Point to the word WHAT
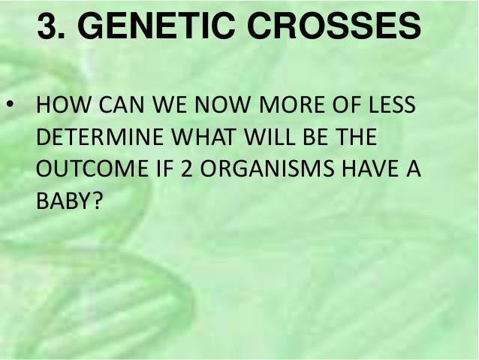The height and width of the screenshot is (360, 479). (209, 139)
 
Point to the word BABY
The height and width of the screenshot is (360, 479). (61, 204)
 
